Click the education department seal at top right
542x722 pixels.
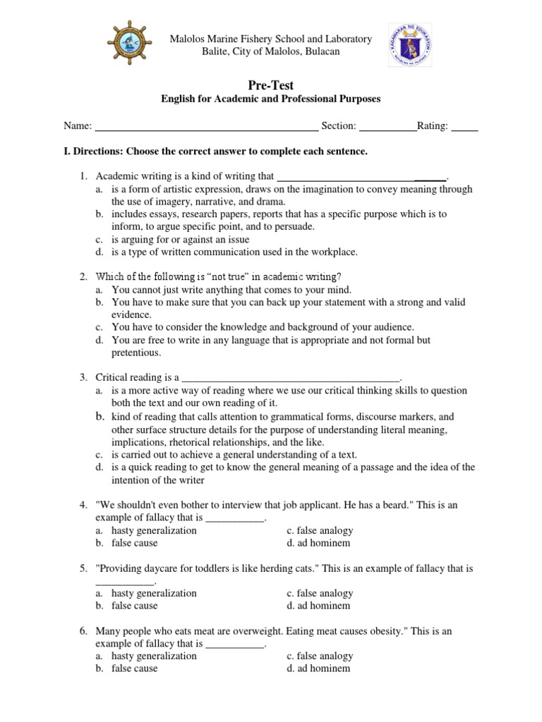tap(413, 45)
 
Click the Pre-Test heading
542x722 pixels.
tap(271, 85)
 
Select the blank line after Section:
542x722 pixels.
tap(387, 127)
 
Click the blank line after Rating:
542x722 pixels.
tap(464, 127)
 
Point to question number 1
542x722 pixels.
tap(83, 176)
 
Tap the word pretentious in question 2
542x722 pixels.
tap(136, 353)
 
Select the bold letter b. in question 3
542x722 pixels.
tap(100, 417)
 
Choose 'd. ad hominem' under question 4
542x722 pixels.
tap(318, 543)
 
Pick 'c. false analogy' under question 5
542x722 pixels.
tap(320, 593)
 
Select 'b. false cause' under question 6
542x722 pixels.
tap(134, 668)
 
